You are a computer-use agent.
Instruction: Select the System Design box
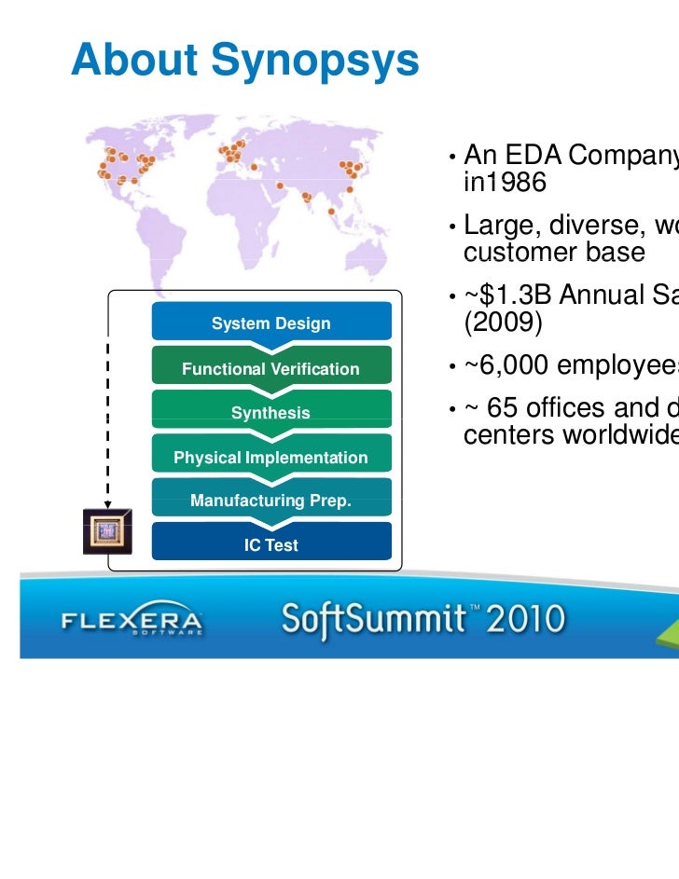click(x=270, y=323)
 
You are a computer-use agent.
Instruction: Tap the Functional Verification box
click(x=270, y=369)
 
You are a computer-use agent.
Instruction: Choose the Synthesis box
click(x=270, y=413)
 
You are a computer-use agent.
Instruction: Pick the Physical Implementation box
click(x=270, y=458)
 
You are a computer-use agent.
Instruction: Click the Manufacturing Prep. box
click(x=270, y=501)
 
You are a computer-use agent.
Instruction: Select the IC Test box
click(x=270, y=545)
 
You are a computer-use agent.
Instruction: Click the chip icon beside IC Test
click(x=106, y=532)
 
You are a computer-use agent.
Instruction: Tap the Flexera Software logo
click(x=132, y=621)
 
